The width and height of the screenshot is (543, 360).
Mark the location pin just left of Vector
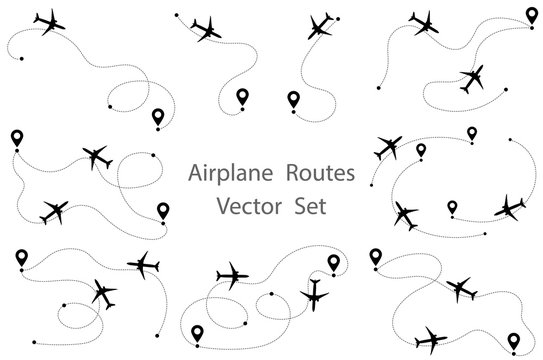162,209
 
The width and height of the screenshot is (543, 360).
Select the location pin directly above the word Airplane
241,97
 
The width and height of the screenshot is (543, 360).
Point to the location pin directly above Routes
292,99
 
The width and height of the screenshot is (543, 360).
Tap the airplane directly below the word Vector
232,273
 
